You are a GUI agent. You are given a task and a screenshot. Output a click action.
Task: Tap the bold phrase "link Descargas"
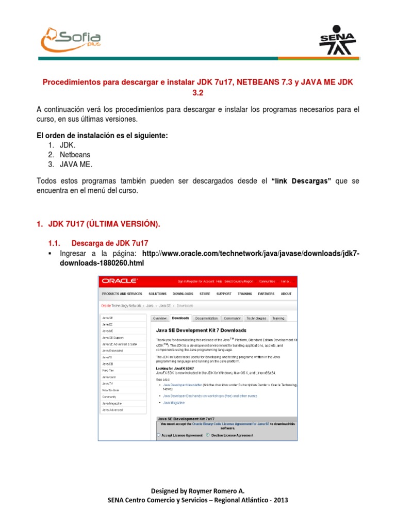click(x=300, y=181)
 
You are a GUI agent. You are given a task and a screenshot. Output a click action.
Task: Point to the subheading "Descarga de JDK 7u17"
click(x=110, y=243)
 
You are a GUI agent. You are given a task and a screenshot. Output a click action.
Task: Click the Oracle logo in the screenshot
click(x=120, y=281)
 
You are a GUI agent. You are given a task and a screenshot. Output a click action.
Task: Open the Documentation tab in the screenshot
click(x=206, y=319)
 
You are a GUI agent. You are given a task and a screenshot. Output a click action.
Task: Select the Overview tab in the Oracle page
click(x=160, y=319)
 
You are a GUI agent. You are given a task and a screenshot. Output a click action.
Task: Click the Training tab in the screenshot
click(x=278, y=319)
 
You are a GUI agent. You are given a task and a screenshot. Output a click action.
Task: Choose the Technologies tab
click(x=256, y=319)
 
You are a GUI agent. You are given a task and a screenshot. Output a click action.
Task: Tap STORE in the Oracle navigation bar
click(x=205, y=294)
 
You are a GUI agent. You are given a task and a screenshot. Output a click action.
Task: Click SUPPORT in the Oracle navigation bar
click(x=224, y=294)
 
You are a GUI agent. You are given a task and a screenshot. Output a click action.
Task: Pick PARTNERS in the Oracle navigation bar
click(x=266, y=294)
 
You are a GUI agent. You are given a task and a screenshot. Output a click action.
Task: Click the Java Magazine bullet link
click(x=174, y=402)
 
